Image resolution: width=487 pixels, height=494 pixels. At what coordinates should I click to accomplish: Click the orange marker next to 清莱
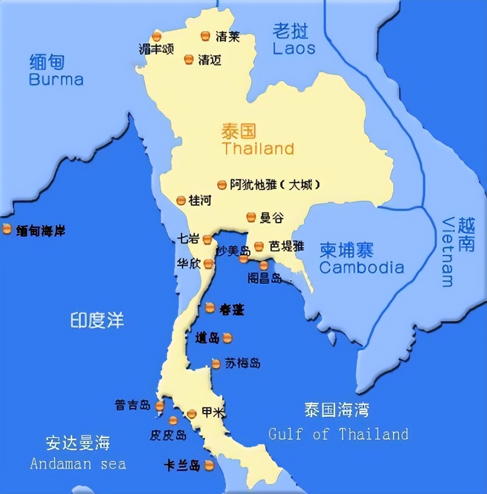[205, 36]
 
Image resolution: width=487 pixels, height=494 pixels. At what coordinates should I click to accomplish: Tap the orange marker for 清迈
[189, 59]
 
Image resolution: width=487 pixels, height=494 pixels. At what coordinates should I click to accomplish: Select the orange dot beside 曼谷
[251, 217]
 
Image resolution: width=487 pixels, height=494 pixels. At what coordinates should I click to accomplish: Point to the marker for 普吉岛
[160, 406]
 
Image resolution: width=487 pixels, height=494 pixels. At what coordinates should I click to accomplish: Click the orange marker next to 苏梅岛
[216, 364]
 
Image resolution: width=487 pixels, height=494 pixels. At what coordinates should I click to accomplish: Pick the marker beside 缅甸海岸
[7, 229]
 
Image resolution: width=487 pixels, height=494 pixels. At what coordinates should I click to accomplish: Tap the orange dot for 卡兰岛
[209, 466]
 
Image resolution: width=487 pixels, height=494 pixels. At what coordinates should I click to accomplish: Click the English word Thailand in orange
[258, 149]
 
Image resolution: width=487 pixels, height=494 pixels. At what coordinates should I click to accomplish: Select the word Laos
[294, 48]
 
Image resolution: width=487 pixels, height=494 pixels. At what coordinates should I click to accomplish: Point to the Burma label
[56, 79]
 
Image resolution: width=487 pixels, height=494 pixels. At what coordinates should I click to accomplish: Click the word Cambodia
[362, 268]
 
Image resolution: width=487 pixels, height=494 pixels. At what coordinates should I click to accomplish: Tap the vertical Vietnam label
[448, 252]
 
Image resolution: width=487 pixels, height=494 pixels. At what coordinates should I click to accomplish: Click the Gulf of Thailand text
[338, 434]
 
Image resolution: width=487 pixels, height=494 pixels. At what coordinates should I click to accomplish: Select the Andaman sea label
[78, 464]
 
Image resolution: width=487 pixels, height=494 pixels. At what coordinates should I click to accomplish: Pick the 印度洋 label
[97, 320]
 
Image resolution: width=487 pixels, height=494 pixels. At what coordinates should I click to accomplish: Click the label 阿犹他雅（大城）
[275, 185]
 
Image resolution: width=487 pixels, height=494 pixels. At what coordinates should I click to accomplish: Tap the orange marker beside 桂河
[181, 200]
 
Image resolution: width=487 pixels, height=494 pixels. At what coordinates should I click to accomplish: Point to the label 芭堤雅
[287, 246]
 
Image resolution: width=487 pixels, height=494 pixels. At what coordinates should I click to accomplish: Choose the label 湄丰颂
[156, 49]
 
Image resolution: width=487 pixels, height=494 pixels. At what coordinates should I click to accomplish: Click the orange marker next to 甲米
[192, 414]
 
